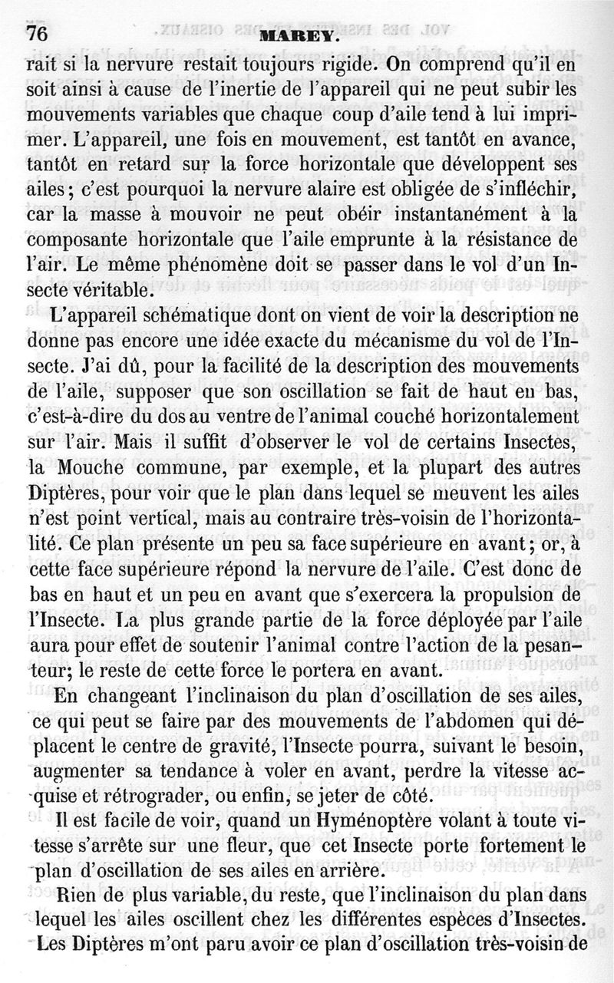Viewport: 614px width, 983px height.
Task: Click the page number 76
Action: click(38, 33)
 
